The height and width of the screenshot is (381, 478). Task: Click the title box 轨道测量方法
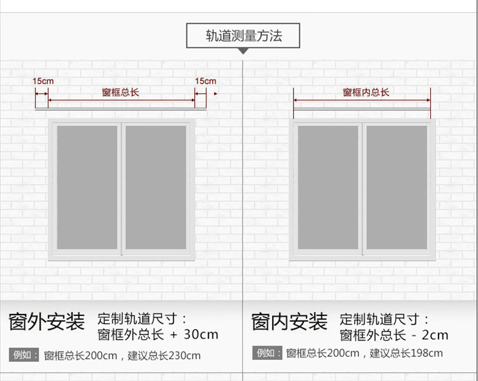point(243,36)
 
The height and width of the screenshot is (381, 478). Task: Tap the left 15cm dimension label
point(42,80)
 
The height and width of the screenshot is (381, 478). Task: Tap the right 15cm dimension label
point(205,80)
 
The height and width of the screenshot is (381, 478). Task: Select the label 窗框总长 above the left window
point(120,92)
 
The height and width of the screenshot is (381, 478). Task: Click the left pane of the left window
point(87,187)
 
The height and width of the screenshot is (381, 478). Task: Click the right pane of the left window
point(156,187)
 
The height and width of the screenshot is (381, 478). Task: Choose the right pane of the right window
point(396,187)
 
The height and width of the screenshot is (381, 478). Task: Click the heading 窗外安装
point(47,322)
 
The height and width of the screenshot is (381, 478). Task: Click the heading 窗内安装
point(289,322)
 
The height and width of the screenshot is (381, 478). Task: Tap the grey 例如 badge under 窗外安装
point(24,355)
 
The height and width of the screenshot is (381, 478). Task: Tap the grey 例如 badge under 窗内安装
point(267,353)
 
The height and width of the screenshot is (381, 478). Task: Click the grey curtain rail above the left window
point(121,109)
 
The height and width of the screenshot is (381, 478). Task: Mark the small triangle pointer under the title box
point(243,51)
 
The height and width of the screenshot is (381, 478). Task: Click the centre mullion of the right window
point(362,187)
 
